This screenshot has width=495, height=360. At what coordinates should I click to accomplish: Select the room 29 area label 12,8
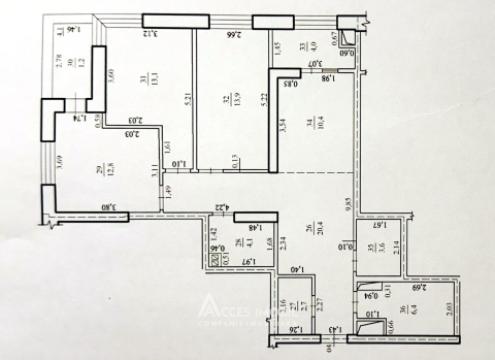(x=99, y=172)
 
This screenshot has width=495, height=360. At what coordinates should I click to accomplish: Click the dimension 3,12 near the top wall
(x=149, y=34)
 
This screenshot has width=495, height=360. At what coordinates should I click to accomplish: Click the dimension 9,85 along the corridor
(x=346, y=205)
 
